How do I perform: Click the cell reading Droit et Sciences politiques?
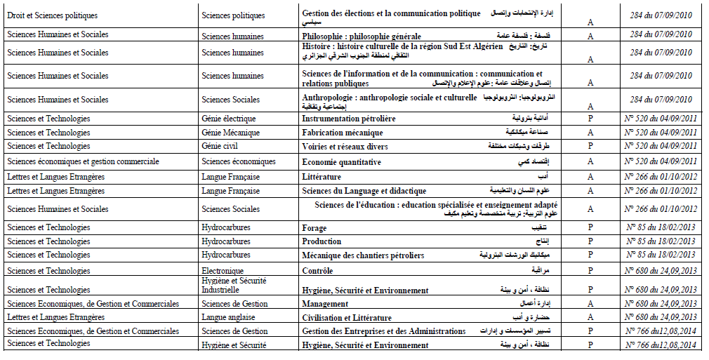point(53,15)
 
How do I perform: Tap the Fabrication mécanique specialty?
point(343,133)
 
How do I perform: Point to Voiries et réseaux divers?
point(345,147)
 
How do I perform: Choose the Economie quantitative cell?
point(341,162)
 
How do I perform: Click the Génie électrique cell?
point(228,119)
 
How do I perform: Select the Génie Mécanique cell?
point(230,133)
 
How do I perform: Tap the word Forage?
point(314,228)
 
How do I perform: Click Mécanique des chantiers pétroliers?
point(363,255)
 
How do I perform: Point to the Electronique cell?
point(223,270)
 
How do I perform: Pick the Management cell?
point(325,304)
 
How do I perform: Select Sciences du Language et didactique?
point(364,191)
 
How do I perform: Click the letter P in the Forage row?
point(590,228)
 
